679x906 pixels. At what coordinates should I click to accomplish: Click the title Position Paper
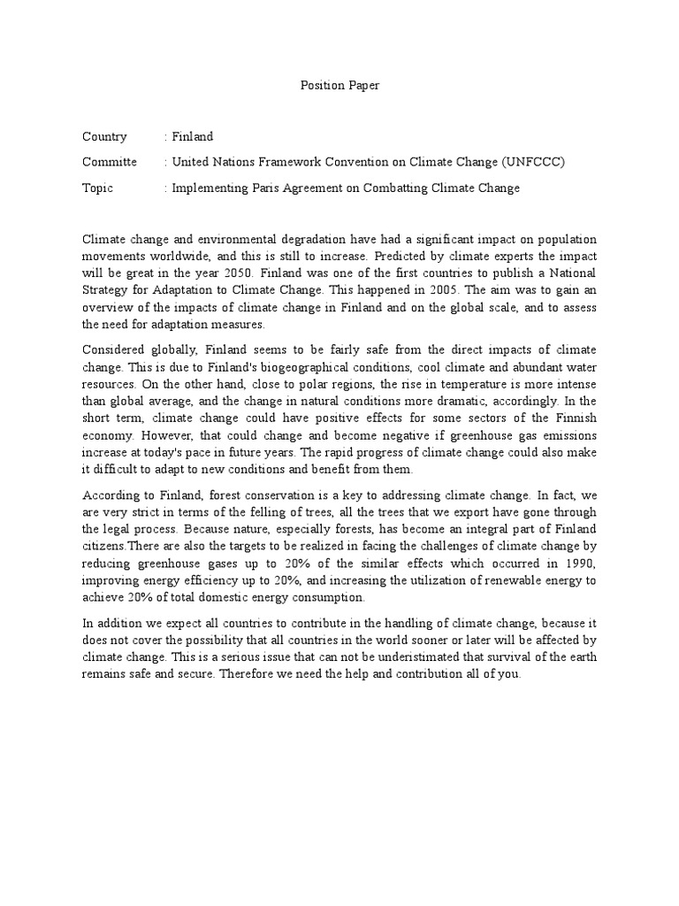pos(339,86)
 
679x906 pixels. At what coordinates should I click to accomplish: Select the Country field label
pos(104,136)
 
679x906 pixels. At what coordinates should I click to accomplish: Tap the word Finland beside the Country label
pos(193,136)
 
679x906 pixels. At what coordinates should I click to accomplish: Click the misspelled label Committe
pos(110,162)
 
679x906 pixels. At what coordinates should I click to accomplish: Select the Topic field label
pos(98,188)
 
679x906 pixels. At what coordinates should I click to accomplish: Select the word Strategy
pos(107,290)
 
